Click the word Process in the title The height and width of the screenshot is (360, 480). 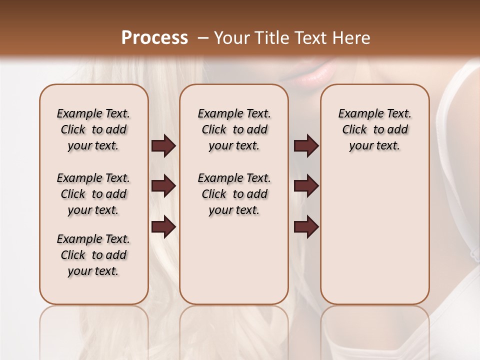click(154, 38)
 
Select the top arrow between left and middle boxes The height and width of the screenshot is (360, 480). click(163, 146)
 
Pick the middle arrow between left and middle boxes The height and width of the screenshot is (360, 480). click(163, 186)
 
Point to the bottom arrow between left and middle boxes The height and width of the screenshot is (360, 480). click(163, 227)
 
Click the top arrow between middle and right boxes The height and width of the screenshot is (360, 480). click(306, 146)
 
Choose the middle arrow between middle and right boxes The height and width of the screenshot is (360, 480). click(306, 186)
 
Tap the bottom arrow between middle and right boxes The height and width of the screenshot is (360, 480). click(306, 227)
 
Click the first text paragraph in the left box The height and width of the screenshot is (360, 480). click(93, 129)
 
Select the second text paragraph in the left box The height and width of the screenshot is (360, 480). click(93, 194)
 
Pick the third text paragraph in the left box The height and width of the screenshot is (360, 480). click(93, 255)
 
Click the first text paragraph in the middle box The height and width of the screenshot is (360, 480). click(234, 129)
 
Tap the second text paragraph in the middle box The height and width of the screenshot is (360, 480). click(234, 194)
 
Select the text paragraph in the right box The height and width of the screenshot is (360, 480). click(375, 129)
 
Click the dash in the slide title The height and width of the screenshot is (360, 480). click(203, 38)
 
